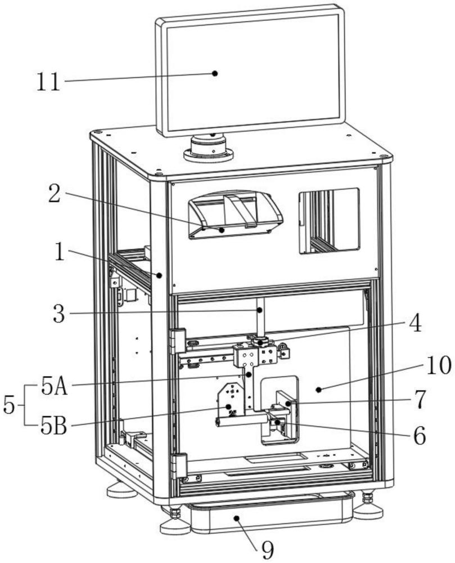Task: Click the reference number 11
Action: coord(48,82)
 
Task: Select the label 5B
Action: coord(54,427)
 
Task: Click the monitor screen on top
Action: coord(250,70)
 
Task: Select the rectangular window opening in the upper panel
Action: coord(329,220)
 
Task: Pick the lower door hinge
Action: coord(179,466)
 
